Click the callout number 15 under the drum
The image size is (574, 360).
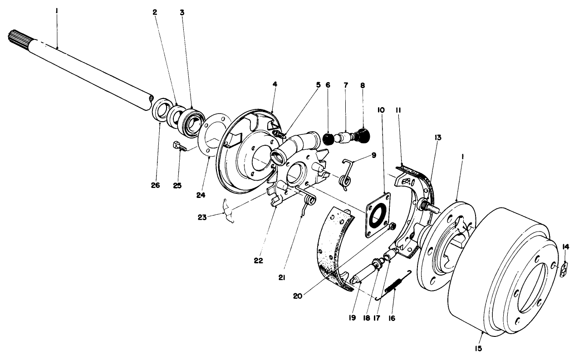(x=478, y=349)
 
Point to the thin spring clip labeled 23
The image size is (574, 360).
(x=229, y=212)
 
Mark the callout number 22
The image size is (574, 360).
(x=259, y=261)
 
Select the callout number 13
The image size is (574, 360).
(x=438, y=137)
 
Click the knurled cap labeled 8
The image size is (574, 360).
(x=363, y=135)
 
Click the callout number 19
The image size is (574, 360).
(x=353, y=318)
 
